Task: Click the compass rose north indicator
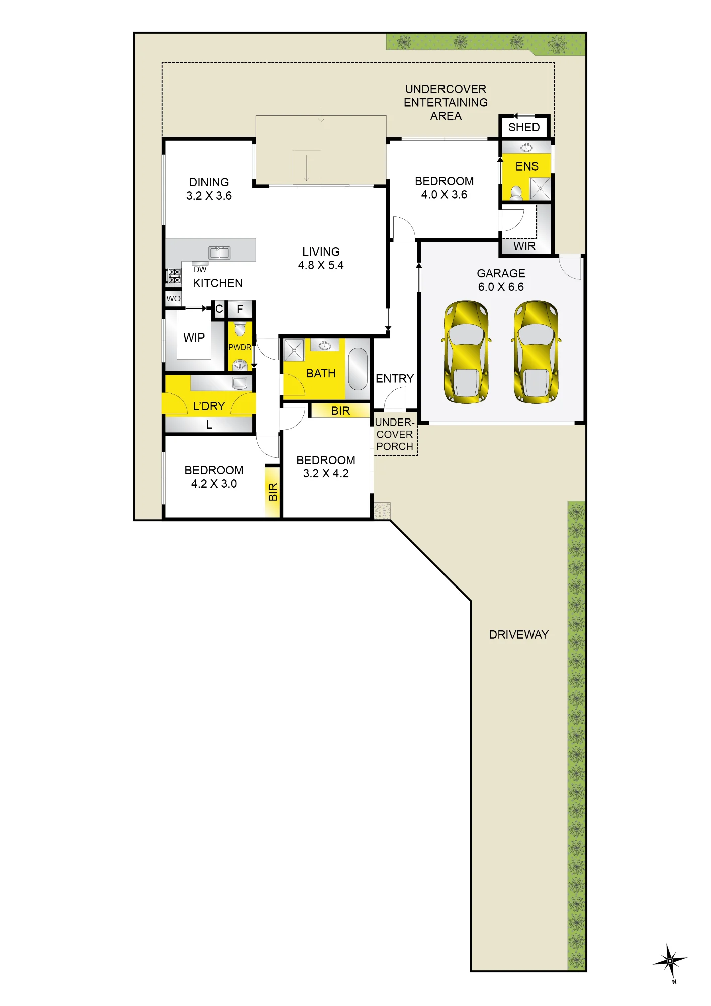pyautogui.click(x=670, y=961)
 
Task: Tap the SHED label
pyautogui.click(x=524, y=127)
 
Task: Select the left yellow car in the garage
pyautogui.click(x=466, y=352)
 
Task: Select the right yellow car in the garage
pyautogui.click(x=536, y=352)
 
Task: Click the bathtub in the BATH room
pyautogui.click(x=358, y=369)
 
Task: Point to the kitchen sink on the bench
pyautogui.click(x=219, y=252)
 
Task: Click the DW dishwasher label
pyautogui.click(x=200, y=270)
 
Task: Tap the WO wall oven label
pyautogui.click(x=173, y=298)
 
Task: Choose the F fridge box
pyautogui.click(x=240, y=309)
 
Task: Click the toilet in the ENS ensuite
pyautogui.click(x=516, y=193)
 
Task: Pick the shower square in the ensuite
pyautogui.click(x=541, y=189)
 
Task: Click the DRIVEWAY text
pyautogui.click(x=519, y=635)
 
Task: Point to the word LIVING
pyautogui.click(x=321, y=251)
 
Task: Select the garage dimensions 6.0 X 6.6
pyautogui.click(x=501, y=287)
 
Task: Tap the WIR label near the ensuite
pyautogui.click(x=524, y=246)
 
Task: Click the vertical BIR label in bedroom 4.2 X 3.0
pyautogui.click(x=273, y=492)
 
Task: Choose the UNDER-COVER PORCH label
pyautogui.click(x=395, y=434)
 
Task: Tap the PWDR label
pyautogui.click(x=240, y=347)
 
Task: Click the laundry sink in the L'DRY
pyautogui.click(x=240, y=383)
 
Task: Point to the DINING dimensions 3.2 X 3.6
pyautogui.click(x=209, y=196)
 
